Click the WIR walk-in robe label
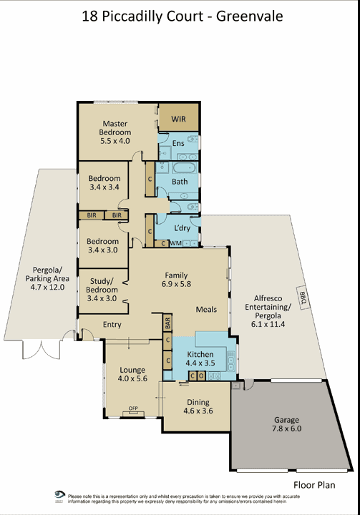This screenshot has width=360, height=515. [x=178, y=119]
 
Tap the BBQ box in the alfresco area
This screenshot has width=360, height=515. [x=303, y=298]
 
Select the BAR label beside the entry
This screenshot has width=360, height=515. [x=167, y=323]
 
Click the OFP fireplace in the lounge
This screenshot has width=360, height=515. [x=133, y=411]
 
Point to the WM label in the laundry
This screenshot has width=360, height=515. [x=175, y=244]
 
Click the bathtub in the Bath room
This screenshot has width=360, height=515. [x=184, y=168]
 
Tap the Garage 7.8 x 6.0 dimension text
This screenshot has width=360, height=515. [x=287, y=428]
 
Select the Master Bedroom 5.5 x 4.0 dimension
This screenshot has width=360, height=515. [x=115, y=141]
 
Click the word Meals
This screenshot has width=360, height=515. [x=206, y=310]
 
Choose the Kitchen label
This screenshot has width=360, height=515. [x=200, y=354]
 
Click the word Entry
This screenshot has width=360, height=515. [x=112, y=325]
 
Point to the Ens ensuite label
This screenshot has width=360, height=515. [x=178, y=143]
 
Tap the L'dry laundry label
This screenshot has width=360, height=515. [x=182, y=228]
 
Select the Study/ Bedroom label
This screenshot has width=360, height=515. [x=102, y=285]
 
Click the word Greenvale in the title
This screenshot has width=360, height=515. [x=250, y=16]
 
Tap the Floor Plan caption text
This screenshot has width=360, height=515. [x=314, y=485]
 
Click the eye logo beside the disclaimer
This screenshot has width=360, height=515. [x=60, y=495]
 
